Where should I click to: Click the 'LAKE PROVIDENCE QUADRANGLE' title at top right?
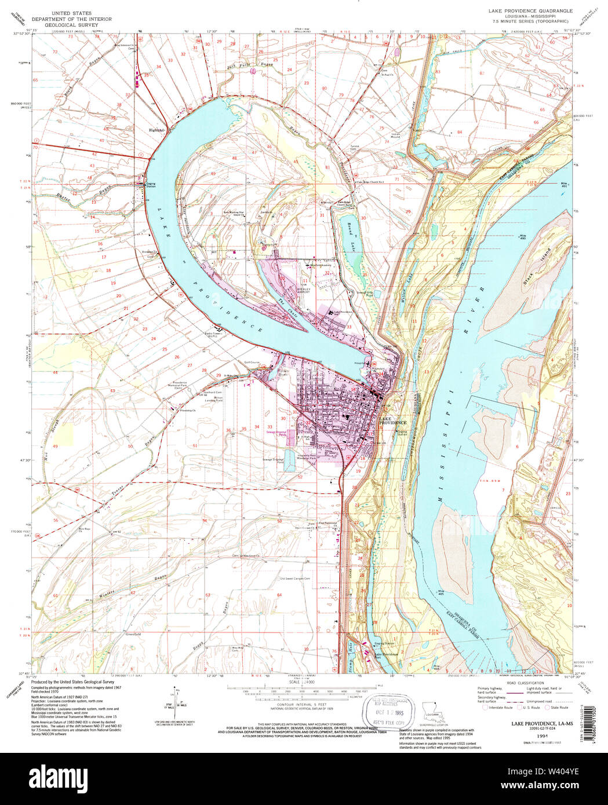(530, 11)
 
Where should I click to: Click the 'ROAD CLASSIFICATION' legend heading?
(524, 683)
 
